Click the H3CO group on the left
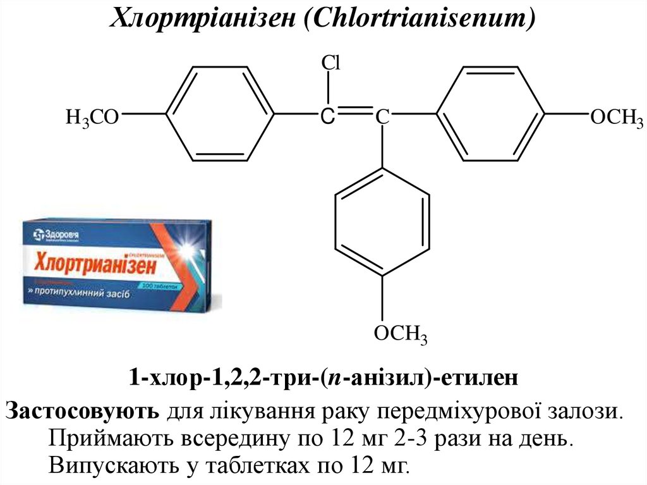click(92, 117)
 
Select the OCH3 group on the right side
click(616, 118)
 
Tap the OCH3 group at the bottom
click(401, 334)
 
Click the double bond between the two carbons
click(354, 113)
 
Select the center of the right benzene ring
click(491, 115)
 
